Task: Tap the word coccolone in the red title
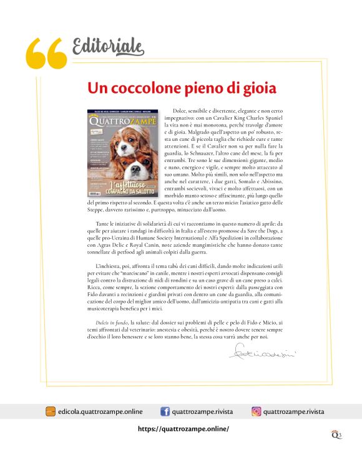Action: click(x=148, y=88)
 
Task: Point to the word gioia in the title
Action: click(x=255, y=88)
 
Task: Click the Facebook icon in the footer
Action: click(x=165, y=411)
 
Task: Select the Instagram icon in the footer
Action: click(x=256, y=411)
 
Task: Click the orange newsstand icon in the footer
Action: click(x=51, y=411)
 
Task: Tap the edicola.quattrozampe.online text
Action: click(x=99, y=411)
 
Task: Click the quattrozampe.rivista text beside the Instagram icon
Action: click(x=293, y=411)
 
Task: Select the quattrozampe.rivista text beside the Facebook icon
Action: click(x=203, y=411)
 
